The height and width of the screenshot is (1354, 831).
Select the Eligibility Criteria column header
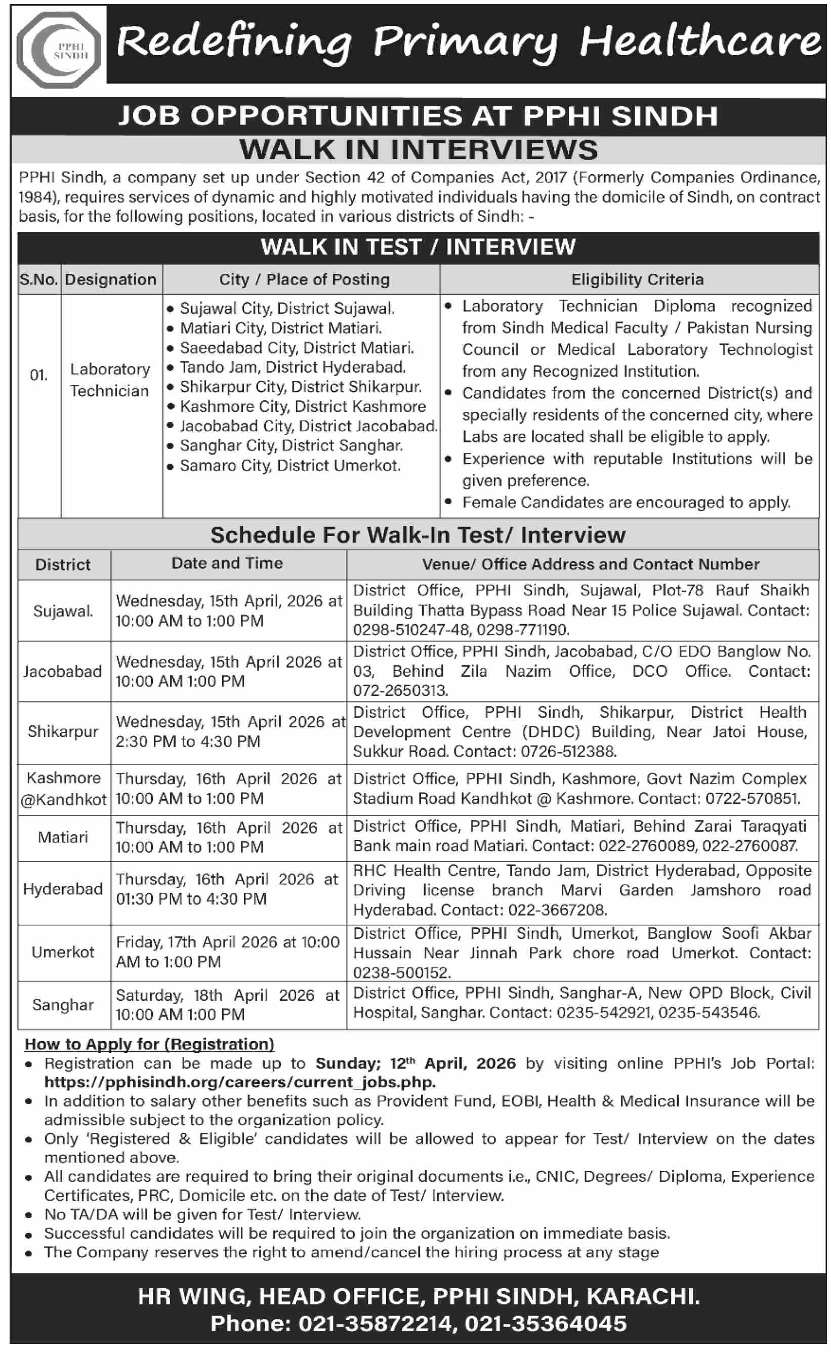click(x=637, y=280)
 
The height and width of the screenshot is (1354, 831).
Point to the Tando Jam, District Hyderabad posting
click(x=293, y=367)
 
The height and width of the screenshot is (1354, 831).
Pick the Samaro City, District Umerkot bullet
click(x=289, y=466)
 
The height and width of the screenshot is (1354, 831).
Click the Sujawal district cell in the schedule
click(x=63, y=611)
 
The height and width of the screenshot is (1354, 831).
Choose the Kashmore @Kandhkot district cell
click(x=63, y=789)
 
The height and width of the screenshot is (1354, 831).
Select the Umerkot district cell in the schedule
click(x=63, y=952)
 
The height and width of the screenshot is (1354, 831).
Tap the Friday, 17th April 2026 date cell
click(x=228, y=952)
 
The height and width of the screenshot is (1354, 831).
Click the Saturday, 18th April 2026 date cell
click(x=228, y=1005)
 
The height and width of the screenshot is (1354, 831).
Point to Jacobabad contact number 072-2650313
click(x=400, y=691)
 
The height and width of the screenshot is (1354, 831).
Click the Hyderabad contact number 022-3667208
click(x=557, y=910)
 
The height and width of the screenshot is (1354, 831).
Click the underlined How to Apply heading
click(x=149, y=1044)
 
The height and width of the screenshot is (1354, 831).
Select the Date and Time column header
click(x=227, y=563)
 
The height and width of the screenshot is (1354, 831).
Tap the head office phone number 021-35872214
click(x=375, y=1324)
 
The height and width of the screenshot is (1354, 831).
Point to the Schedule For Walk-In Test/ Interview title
click(x=418, y=535)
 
